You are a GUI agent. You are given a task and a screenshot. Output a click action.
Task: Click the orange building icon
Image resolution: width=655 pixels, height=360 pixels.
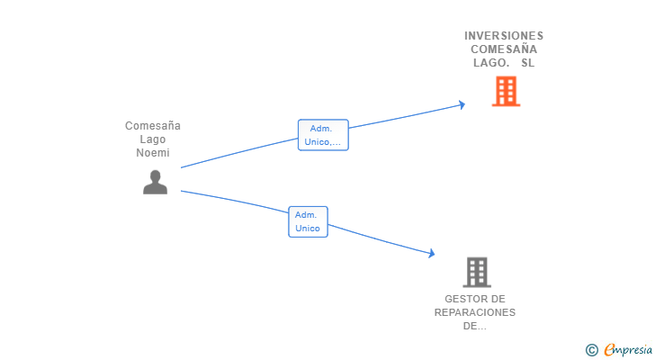506,91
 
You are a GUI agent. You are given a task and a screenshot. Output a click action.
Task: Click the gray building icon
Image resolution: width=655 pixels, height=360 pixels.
476,272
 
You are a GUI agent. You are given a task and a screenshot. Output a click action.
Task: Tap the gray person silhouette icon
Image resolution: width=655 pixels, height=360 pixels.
155,182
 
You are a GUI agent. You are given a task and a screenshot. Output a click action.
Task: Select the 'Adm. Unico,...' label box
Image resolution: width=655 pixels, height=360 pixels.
323,135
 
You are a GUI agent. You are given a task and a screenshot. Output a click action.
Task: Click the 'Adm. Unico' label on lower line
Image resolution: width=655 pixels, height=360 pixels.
308,221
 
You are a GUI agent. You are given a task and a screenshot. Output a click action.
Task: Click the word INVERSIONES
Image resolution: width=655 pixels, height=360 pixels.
504,36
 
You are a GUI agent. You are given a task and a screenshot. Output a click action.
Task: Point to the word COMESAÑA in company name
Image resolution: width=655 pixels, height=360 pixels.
504,49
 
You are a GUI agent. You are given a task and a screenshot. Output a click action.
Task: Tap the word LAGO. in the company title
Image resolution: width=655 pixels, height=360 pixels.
491,63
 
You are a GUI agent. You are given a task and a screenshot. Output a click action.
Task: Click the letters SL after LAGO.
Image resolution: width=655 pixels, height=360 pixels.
527,63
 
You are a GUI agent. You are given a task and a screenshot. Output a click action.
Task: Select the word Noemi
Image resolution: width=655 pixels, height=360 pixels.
153,153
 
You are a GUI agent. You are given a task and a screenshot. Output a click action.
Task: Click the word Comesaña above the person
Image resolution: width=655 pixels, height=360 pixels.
153,126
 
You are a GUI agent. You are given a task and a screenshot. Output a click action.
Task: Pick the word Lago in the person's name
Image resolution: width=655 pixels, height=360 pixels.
153,139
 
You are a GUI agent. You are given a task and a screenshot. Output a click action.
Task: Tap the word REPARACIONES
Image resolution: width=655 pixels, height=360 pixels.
475,312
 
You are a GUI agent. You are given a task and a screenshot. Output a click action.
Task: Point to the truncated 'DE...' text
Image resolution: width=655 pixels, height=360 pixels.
475,326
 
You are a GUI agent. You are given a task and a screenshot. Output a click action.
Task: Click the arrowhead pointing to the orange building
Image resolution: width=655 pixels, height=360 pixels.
462,104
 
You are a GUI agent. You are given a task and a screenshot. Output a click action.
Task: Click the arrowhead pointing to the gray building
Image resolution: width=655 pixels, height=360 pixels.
431,255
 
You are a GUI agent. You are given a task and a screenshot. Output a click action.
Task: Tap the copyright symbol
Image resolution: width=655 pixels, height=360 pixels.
591,349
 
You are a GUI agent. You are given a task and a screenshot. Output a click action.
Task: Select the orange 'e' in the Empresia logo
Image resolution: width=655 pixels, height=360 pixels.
609,349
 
